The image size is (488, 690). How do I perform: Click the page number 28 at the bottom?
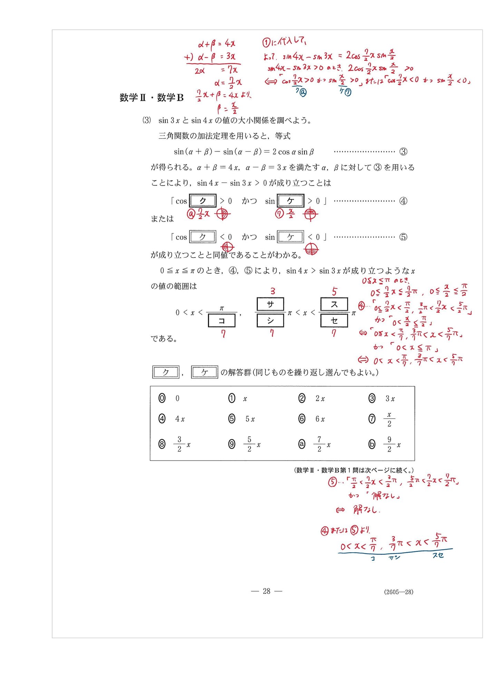tap(266, 591)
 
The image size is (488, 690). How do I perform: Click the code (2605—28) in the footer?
tap(399, 592)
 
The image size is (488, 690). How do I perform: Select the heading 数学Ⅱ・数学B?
tap(151, 98)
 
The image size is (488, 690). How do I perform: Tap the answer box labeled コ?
tap(222, 321)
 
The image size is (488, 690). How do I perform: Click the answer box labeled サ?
tap(270, 304)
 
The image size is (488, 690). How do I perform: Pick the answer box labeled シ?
tap(270, 321)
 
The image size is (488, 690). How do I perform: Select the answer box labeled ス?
tap(334, 304)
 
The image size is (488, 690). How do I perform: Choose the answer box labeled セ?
tap(334, 321)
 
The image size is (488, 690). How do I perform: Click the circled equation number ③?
tap(403, 151)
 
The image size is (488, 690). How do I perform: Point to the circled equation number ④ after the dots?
tap(403, 201)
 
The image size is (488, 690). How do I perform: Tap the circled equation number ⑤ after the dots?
tap(403, 237)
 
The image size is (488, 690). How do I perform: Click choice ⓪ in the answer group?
tap(162, 398)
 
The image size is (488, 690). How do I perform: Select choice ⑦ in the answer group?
tap(372, 419)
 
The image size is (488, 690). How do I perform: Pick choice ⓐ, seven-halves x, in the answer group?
tap(302, 444)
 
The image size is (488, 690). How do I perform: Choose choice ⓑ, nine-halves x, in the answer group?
tap(372, 444)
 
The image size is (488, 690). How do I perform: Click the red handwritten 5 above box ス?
tap(334, 292)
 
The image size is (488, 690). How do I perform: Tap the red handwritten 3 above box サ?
tap(273, 291)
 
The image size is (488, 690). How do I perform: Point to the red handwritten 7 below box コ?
tap(223, 334)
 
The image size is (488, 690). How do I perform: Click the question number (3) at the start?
tap(147, 120)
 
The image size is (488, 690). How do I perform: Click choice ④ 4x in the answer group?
tap(162, 419)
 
